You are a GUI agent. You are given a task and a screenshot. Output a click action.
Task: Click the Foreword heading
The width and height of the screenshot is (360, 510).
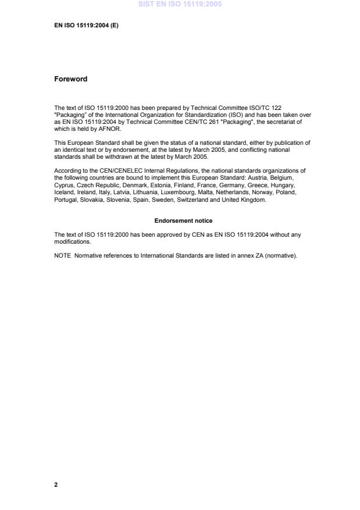[70, 79]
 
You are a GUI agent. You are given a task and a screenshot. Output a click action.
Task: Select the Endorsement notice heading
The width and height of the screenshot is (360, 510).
[183, 221]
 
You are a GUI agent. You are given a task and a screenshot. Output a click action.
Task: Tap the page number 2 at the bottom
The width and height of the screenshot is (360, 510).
[56, 484]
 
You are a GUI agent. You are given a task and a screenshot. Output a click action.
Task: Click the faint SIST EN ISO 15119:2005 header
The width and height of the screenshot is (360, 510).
[180, 5]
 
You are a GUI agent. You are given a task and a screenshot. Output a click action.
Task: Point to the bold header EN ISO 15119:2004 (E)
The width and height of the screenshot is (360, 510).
[86, 26]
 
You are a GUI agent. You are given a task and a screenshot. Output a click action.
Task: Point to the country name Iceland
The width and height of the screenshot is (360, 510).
[64, 192]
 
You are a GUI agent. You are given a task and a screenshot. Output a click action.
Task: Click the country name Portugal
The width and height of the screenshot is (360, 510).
[65, 200]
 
